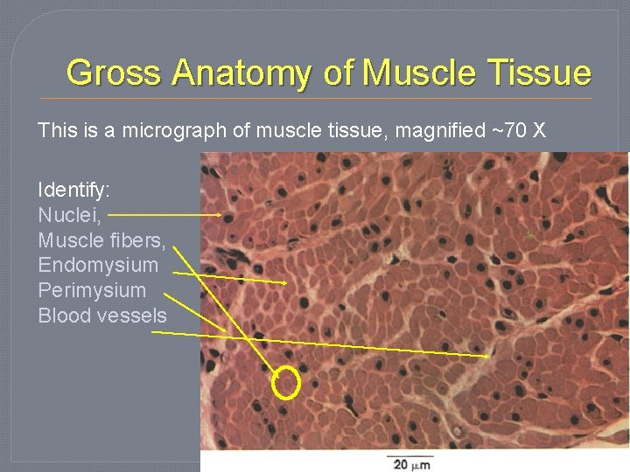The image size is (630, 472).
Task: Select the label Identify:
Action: point(73,190)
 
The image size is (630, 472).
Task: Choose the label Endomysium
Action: point(99,265)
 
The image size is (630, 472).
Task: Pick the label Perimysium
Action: point(93,290)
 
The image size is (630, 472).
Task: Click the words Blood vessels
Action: point(102,316)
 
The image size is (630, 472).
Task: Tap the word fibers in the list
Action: point(141,239)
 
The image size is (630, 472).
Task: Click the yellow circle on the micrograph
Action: point(287,383)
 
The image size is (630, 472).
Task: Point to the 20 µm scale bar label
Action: point(410,464)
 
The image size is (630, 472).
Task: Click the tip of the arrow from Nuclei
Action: point(220,214)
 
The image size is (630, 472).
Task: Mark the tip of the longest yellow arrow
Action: point(489,357)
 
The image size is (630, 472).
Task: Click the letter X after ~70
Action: point(539,131)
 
